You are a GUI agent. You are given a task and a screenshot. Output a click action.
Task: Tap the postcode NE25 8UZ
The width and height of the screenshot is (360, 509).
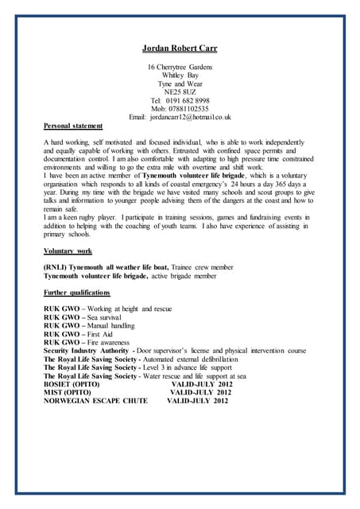180,92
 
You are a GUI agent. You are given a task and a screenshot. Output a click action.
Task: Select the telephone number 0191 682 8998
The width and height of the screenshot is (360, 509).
188,101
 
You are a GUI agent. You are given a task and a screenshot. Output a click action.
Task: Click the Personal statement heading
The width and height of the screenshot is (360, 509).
72,126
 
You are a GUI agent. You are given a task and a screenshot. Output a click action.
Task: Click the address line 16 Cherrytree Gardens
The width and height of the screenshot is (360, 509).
180,67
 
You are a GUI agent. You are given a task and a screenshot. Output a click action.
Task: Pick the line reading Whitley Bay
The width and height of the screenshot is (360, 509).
180,76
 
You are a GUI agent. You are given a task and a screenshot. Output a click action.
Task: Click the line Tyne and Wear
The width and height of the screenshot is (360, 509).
180,84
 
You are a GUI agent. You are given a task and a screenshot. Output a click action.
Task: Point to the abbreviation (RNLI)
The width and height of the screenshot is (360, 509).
56,268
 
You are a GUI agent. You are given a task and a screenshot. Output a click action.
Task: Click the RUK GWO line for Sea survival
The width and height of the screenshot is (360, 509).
83,317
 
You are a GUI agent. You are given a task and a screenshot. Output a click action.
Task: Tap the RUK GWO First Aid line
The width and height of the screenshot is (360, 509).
79,335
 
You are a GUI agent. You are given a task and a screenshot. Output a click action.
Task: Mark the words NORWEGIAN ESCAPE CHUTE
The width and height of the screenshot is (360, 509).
95,401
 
